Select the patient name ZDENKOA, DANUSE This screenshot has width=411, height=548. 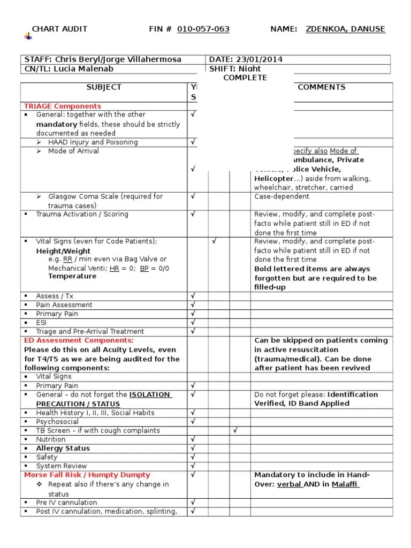coord(345,29)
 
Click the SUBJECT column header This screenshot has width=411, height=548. coord(104,87)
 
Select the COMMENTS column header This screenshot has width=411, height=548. coord(321,87)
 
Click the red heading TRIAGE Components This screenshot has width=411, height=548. coord(63,106)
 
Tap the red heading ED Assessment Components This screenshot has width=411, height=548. coord(79,340)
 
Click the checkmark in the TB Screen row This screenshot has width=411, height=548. coord(235,430)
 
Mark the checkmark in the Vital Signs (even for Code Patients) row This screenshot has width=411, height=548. coord(214,241)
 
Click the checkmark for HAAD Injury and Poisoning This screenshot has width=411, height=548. coord(193,142)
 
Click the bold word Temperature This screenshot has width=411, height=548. coord(72,276)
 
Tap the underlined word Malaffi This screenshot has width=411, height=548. coord(346,484)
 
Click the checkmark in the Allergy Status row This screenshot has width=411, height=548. coord(193,448)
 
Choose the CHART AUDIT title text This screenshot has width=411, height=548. coord(59,29)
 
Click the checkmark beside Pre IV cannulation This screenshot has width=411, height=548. coord(193,502)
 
